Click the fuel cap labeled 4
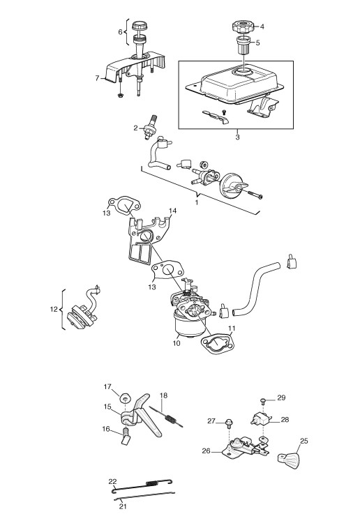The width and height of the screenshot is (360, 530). (241, 26)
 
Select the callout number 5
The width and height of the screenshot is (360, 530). (258, 43)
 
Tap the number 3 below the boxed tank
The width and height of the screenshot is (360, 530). (237, 137)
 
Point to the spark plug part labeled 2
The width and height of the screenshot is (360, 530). (149, 127)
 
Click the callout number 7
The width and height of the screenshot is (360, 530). (98, 78)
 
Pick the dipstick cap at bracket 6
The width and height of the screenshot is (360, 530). (139, 26)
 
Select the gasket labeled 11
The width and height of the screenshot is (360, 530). (217, 344)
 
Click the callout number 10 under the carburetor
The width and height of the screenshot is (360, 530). (177, 343)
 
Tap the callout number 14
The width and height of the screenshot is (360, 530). (172, 211)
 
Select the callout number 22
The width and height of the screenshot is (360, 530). (112, 481)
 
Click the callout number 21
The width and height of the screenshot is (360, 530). (122, 506)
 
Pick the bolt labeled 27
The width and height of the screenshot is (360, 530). (229, 422)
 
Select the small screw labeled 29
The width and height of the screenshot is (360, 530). (262, 401)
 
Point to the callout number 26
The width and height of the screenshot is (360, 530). (207, 451)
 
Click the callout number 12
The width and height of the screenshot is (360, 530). (54, 309)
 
